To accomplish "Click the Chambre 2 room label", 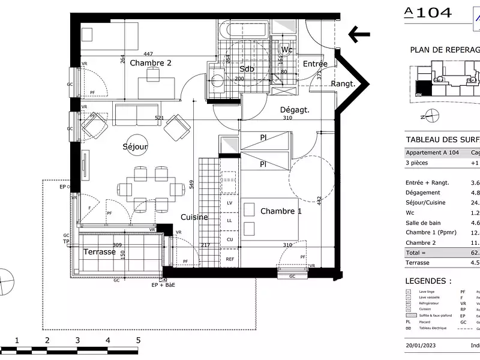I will point(151,63).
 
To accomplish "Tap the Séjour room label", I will point(135,146).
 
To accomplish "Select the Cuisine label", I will point(194,217).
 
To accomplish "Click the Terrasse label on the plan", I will point(99,252).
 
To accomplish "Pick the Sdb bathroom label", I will point(247,69).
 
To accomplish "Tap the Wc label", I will point(287,50).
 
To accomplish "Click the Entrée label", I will point(314,64).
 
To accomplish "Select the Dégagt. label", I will point(295,110).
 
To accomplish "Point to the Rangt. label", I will point(343,84).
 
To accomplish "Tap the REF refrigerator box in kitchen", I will point(230,259).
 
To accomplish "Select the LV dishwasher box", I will point(229,203).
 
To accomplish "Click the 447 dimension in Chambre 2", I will point(148,54).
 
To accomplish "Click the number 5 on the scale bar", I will point(139,340).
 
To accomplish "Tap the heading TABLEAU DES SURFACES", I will point(443,139).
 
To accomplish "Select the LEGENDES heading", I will point(428,281).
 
